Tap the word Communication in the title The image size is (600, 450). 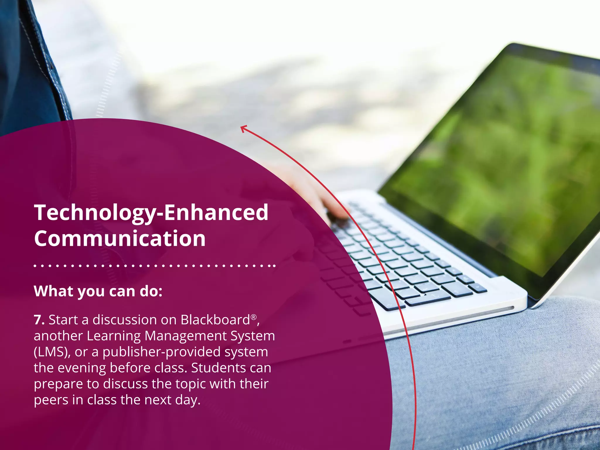point(120,238)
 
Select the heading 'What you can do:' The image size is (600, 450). point(98,291)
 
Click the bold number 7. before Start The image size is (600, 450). point(39,320)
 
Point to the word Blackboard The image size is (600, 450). point(215,320)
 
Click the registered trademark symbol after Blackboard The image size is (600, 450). point(254,317)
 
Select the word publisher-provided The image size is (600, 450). point(161,352)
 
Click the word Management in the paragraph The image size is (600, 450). point(185,336)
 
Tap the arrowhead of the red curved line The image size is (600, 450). point(243,128)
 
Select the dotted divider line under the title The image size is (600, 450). point(154,266)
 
